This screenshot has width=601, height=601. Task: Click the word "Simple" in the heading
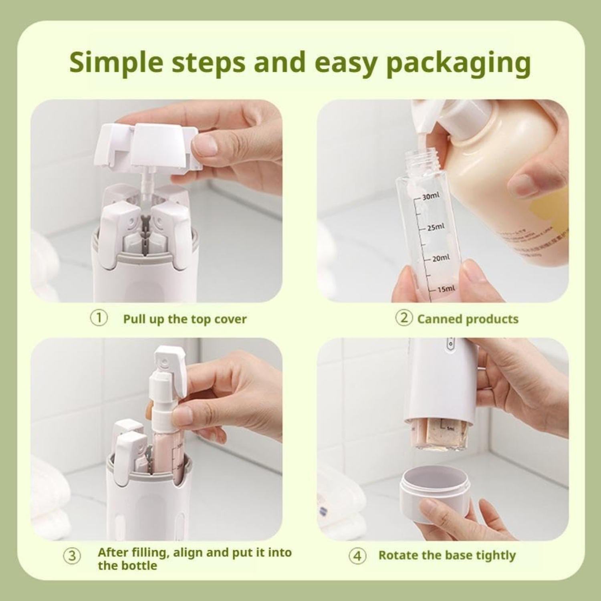[x=117, y=62]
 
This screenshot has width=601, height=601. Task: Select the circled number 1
[x=99, y=319]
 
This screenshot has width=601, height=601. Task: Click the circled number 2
[x=404, y=319]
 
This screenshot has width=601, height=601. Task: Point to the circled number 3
[x=72, y=557]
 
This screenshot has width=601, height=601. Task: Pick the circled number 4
[x=357, y=556]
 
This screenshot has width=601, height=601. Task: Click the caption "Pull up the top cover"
[x=185, y=319]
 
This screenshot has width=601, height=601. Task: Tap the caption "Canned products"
[x=468, y=319]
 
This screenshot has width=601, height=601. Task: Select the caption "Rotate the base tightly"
[x=447, y=556]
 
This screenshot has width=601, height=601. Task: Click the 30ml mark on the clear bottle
[x=431, y=196]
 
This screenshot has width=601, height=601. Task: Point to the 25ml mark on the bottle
[x=436, y=227]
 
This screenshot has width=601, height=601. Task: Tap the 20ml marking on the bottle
[x=440, y=258]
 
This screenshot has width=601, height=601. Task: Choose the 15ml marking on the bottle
[x=446, y=288]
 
